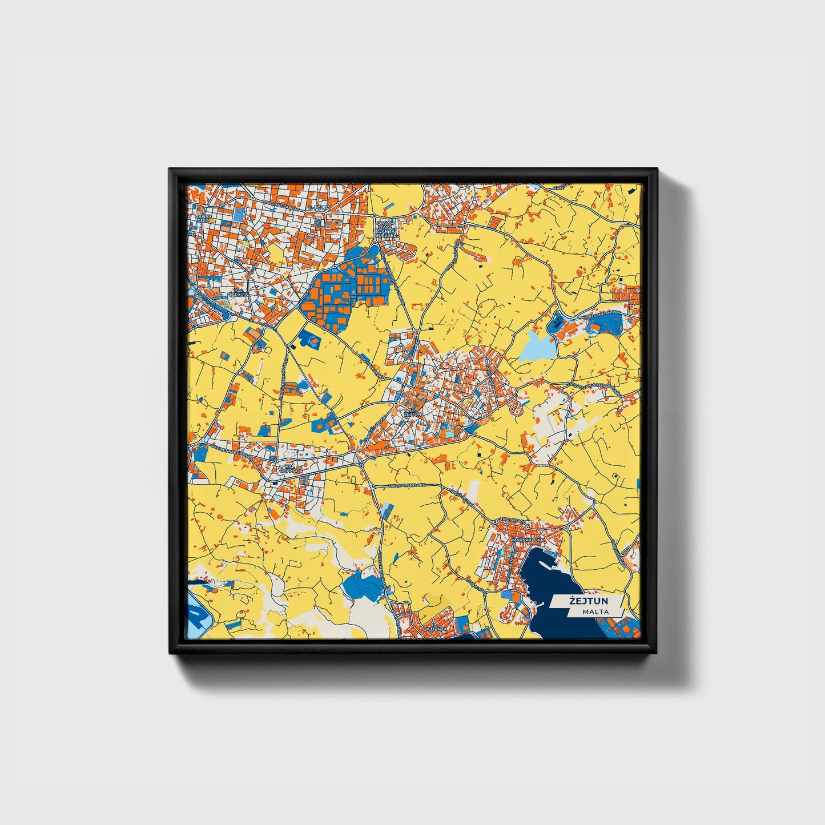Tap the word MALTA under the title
tap(595, 612)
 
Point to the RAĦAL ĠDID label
tap(203, 219)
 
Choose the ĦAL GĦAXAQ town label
tap(289, 468)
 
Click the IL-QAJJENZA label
tap(434, 627)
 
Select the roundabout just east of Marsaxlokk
tap(565, 528)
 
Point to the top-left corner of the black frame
tap(170, 169)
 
